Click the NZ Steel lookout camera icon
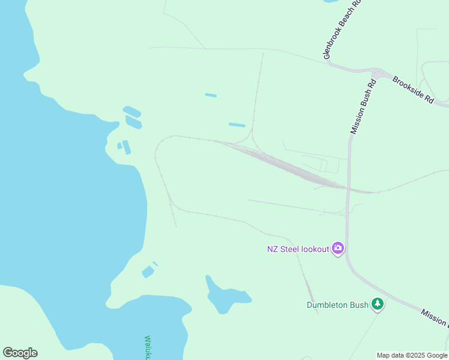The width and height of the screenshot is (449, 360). pyautogui.click(x=337, y=248)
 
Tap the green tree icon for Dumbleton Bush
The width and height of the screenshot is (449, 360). pyautogui.click(x=378, y=304)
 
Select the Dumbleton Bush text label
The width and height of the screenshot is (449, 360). pyautogui.click(x=337, y=305)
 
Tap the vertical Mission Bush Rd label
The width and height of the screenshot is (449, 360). pyautogui.click(x=363, y=106)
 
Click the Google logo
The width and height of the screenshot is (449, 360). pyautogui.click(x=20, y=353)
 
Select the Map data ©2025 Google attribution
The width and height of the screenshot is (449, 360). pyautogui.click(x=412, y=355)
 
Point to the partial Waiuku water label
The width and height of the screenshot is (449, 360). pyautogui.click(x=149, y=347)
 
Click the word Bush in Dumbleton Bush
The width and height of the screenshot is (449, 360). pyautogui.click(x=358, y=305)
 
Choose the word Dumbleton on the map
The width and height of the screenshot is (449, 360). pyautogui.click(x=327, y=305)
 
